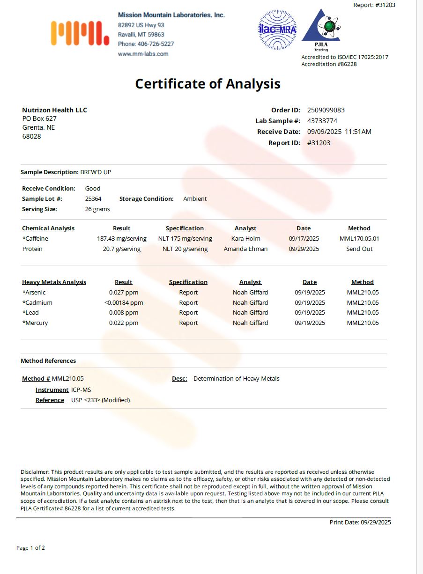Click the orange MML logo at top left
pos(80,34)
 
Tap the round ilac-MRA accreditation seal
pos(277,30)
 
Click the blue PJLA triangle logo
pos(321,27)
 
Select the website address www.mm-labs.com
pos(143,54)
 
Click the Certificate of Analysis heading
pos(208,84)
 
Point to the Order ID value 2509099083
pos(326,110)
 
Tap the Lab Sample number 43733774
pos(322,121)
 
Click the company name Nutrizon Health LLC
pos(54,110)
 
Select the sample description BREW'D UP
pos(96,172)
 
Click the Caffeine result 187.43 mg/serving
pos(122,239)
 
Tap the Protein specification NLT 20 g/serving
pos(185,249)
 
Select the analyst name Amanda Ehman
pos(245,249)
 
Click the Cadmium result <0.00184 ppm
pos(124,303)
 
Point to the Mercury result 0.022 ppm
pos(124,323)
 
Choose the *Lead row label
pos(30,313)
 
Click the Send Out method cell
pos(359,249)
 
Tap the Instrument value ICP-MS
pos(81,390)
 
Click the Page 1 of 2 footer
pos(30,548)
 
